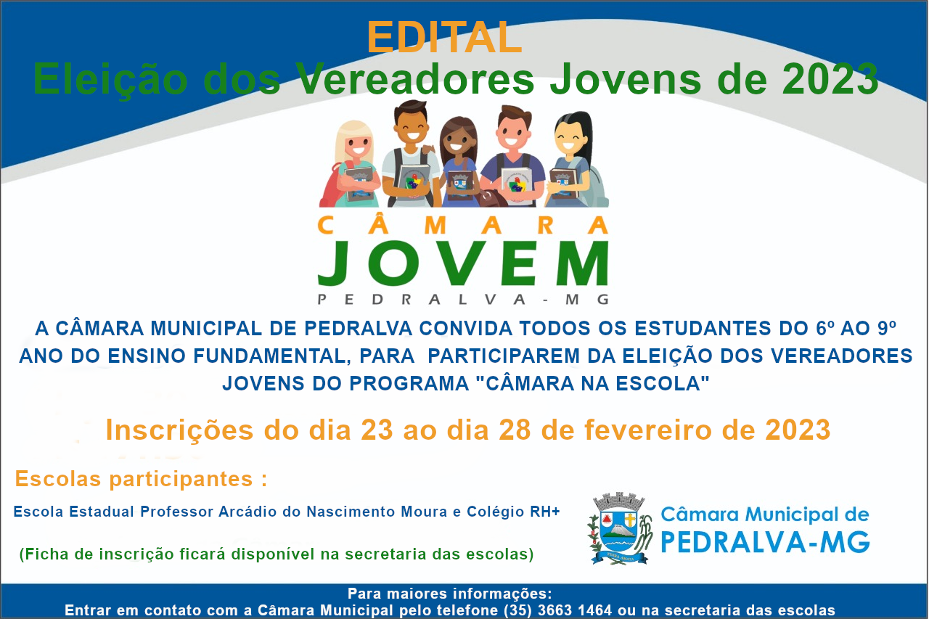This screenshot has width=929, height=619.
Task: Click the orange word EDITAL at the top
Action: click(444, 37)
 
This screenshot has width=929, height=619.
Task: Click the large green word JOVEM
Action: click(463, 263)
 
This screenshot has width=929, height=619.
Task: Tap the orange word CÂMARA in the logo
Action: click(463, 226)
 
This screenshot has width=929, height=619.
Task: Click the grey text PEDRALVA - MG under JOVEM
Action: click(463, 300)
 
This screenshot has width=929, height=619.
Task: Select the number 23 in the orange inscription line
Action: click(377, 430)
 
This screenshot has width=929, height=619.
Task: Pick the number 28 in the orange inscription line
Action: click(515, 430)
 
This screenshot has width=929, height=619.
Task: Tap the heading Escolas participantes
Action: click(141, 479)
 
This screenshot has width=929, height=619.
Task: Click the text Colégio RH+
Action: click(513, 512)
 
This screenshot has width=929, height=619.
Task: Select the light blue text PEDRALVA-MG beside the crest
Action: click(765, 542)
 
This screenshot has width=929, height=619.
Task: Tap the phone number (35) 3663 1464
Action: click(558, 610)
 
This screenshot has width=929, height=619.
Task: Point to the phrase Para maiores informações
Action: click(450, 594)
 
